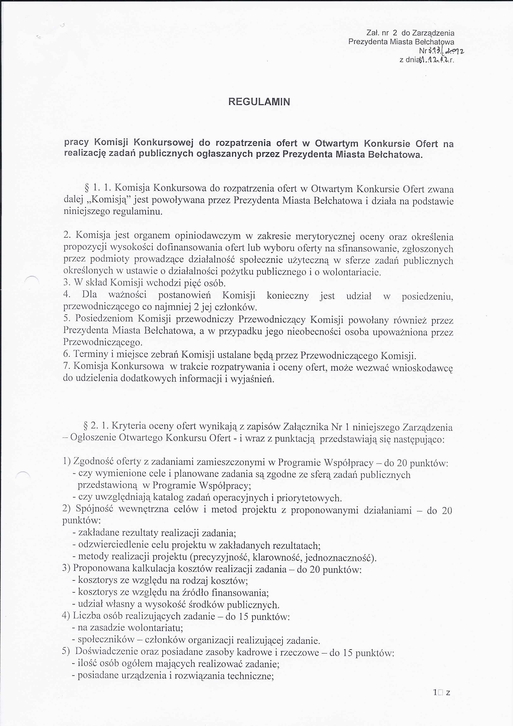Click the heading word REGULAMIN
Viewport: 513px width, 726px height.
259,102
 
